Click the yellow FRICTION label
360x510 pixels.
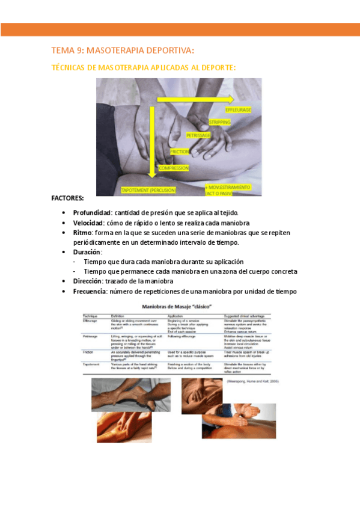click(180, 152)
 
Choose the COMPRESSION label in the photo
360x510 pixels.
click(173, 168)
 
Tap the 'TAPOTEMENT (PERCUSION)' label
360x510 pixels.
click(148, 190)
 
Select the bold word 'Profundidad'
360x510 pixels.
click(92, 212)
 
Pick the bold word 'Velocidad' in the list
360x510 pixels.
click(89, 223)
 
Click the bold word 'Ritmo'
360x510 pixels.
click(83, 232)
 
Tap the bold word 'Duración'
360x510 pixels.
click(87, 252)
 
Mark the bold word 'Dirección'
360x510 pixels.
click(87, 281)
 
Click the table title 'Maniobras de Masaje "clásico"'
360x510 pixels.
click(180, 307)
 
